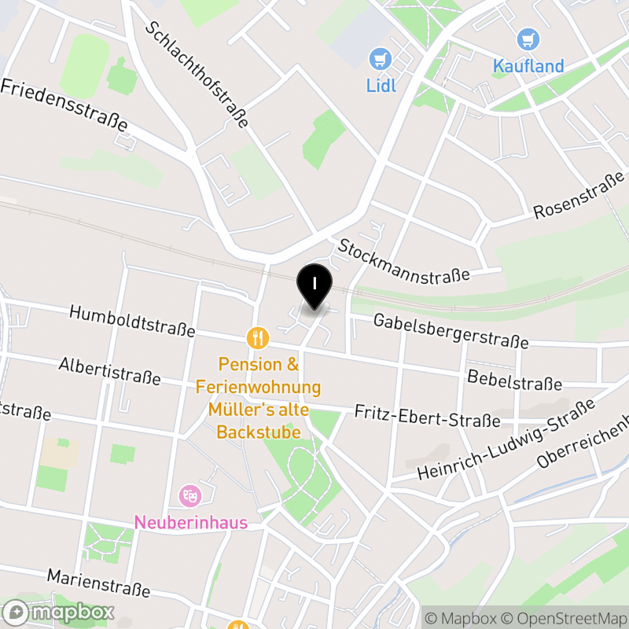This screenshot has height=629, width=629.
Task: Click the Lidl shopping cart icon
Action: click(381, 58)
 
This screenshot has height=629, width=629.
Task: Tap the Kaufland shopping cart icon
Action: click(528, 39)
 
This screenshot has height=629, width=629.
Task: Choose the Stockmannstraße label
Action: click(403, 259)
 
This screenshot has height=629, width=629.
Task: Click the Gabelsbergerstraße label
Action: click(451, 330)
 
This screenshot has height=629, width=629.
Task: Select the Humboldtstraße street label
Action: click(132, 322)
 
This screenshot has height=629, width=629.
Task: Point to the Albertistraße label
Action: click(109, 371)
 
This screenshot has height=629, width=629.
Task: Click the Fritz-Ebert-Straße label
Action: click(427, 416)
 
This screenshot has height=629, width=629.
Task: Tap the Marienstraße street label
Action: click(98, 583)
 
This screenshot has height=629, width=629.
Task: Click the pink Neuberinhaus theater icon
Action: click(189, 495)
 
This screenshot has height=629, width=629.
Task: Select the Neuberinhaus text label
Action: click(191, 522)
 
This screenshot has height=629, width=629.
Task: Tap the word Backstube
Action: click(259, 432)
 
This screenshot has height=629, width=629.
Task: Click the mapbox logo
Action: click(59, 612)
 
